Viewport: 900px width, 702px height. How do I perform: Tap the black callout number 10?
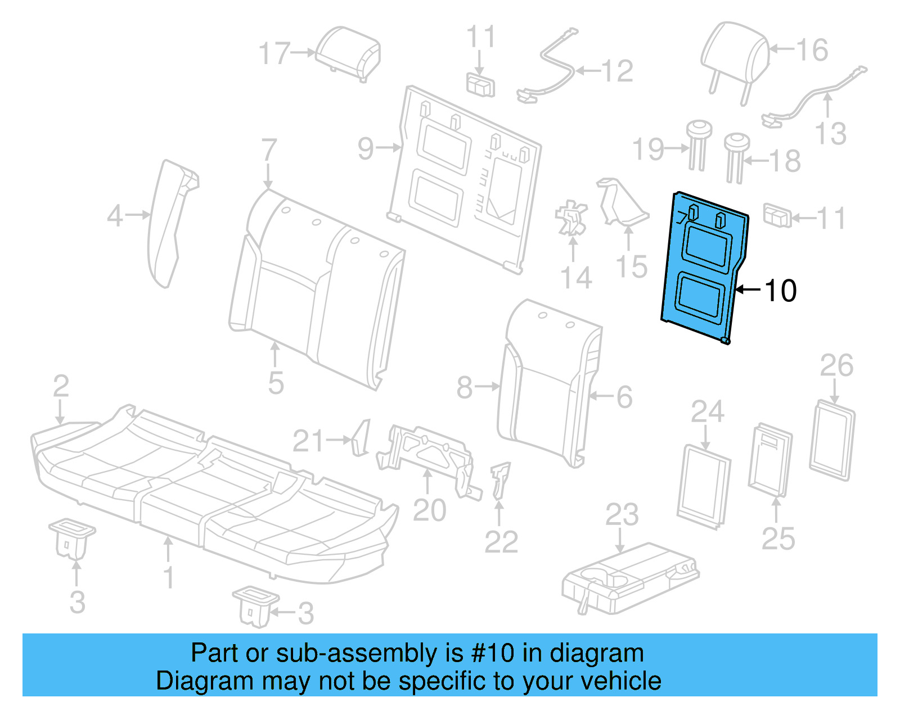click(781, 291)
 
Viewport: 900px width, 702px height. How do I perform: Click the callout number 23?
click(622, 515)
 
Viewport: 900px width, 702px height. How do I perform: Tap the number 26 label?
click(836, 366)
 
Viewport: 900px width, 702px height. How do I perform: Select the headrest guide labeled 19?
click(697, 143)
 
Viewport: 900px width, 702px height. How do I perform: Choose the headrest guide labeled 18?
click(735, 155)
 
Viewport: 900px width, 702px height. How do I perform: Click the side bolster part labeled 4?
click(169, 222)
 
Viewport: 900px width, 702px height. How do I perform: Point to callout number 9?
click(366, 149)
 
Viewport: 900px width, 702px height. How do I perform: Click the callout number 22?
click(501, 542)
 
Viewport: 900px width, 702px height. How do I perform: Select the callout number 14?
click(576, 278)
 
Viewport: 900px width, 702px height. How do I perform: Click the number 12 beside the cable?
click(617, 71)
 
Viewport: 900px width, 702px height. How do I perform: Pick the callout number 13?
click(830, 134)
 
